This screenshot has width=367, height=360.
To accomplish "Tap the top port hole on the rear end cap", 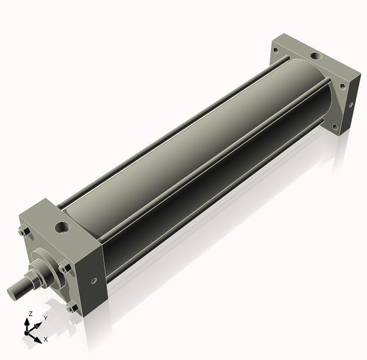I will [x=315, y=56].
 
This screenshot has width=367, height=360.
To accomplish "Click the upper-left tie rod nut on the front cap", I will [x=24, y=231].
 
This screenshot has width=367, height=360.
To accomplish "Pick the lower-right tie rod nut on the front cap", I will [x=72, y=307].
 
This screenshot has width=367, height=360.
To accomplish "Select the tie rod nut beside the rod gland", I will [x=64, y=267].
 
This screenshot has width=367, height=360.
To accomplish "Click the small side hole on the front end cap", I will [x=94, y=282].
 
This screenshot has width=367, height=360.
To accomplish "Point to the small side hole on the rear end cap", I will [x=351, y=104].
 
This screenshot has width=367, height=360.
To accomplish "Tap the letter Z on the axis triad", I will [x=30, y=313].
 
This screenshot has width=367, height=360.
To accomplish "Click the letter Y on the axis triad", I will [x=45, y=318].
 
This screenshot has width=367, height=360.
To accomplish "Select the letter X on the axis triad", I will [x=46, y=339].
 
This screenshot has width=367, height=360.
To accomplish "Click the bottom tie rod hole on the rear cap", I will [x=335, y=127].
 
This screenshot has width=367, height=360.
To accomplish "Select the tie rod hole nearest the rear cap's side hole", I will [x=343, y=86].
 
